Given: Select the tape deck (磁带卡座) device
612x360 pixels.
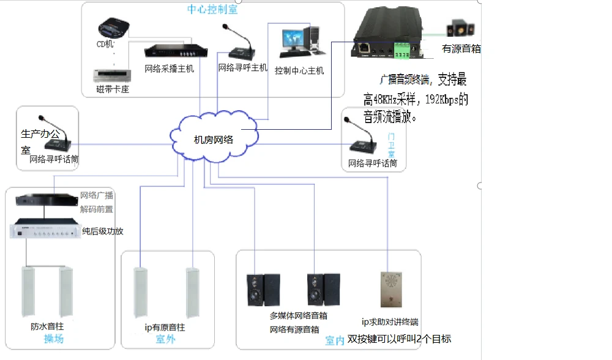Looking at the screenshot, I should click(113, 76).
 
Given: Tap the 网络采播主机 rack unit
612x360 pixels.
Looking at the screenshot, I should click(169, 53).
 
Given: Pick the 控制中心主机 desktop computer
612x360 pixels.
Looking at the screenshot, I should click(299, 43).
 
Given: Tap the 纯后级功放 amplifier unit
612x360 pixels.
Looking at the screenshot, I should click(45, 231).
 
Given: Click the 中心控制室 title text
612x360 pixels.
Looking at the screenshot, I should click(212, 9).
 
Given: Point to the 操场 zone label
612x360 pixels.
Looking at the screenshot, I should click(53, 339).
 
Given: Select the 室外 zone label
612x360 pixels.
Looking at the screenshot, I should click(165, 339).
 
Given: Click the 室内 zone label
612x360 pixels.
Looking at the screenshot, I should click(334, 340).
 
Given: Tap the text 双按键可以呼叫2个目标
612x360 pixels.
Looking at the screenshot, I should click(399, 339).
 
